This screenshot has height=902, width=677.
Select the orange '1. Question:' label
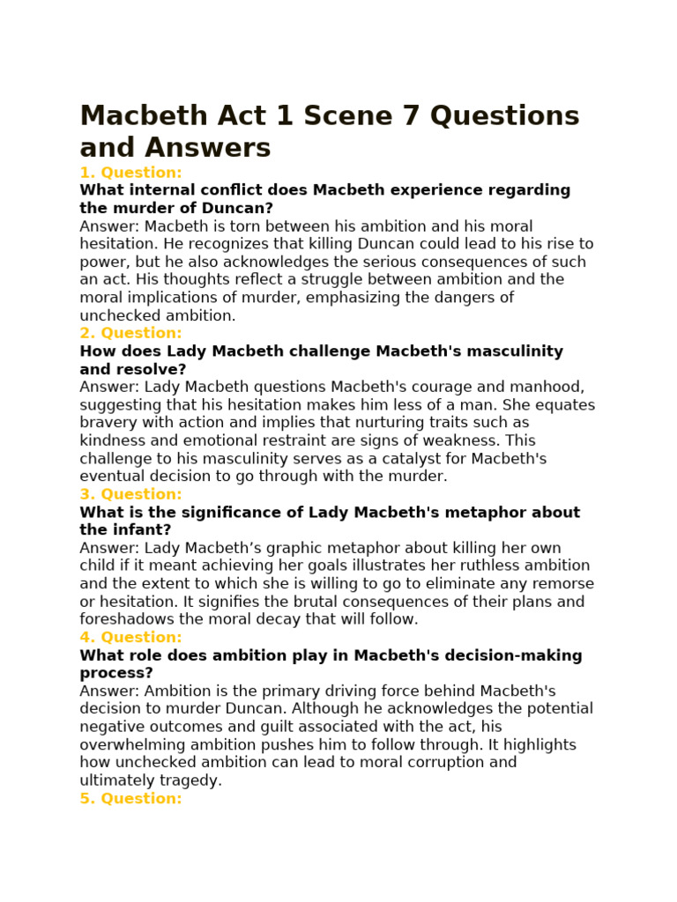pyautogui.click(x=130, y=173)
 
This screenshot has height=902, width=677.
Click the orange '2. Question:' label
pyautogui.click(x=130, y=333)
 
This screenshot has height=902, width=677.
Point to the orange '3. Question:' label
pyautogui.click(x=130, y=494)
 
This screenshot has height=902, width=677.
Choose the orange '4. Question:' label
pyautogui.click(x=130, y=637)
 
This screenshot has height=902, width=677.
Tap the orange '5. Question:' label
pyautogui.click(x=130, y=798)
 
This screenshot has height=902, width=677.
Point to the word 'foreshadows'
pyautogui.click(x=124, y=619)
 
